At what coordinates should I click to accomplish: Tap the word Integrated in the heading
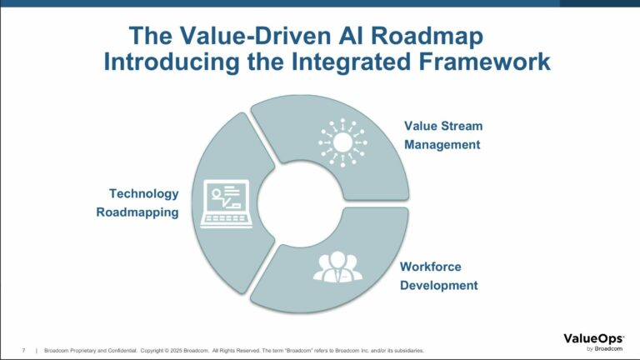pos(351,62)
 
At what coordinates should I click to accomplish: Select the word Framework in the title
pos(485,62)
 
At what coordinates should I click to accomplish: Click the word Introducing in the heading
pos(172,62)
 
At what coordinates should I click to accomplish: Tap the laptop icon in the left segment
pos(226,203)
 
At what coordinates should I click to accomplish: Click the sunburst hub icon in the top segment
pos(342,142)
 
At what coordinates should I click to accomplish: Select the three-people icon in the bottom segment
pos(337,267)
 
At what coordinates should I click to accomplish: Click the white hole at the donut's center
pos(300,204)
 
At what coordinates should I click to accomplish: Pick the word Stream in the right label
pos(462,126)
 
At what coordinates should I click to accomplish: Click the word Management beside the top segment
pos(442,145)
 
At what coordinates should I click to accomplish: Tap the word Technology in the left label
pos(143,194)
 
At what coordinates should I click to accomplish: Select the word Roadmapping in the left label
pos(137,212)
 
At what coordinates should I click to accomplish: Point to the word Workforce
pos(431,267)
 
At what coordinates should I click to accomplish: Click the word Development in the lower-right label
pos(439,285)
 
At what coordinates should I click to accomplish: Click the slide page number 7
pos(23,351)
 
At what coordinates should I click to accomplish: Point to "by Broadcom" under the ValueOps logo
pos(604,349)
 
